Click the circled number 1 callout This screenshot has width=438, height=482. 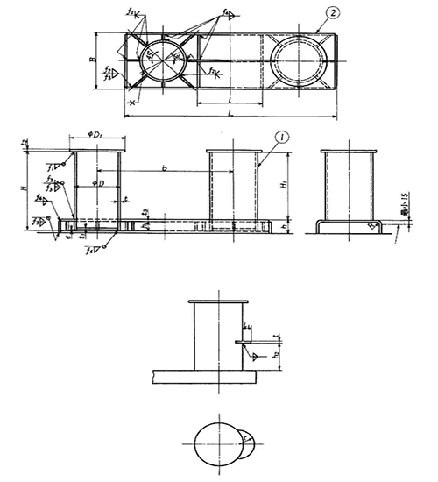[280, 138]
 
